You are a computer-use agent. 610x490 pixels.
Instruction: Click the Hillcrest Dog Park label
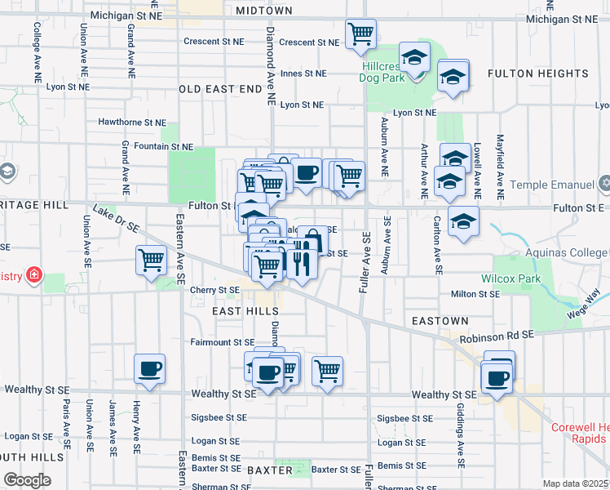click(x=381, y=71)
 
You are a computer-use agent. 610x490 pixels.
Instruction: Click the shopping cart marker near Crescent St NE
click(x=360, y=34)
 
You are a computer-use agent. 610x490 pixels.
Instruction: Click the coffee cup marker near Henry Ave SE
click(x=149, y=369)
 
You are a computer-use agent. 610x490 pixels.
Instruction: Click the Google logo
click(x=27, y=480)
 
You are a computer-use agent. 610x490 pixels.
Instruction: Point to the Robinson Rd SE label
click(x=497, y=336)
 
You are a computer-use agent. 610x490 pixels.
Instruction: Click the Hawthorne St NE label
click(x=131, y=122)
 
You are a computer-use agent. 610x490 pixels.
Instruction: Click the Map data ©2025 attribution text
click(x=575, y=483)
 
